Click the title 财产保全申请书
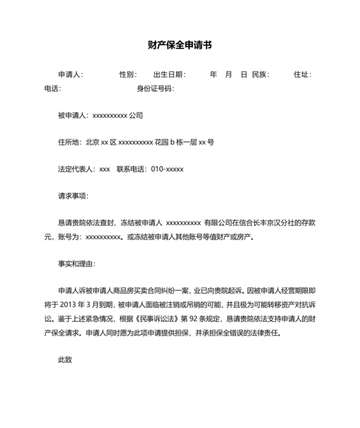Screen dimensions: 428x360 coord(179,46)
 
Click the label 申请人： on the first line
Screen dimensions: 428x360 coord(71,75)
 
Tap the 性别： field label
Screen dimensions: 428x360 coord(128,75)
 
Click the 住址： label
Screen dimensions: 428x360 coord(302,75)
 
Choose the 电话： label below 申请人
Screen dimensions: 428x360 coord(53,88)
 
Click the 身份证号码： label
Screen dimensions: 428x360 coord(155,88)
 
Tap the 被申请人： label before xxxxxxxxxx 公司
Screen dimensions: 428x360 coord(75,116)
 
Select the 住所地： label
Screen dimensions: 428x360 coord(71,142)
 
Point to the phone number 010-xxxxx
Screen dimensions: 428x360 coord(167,169)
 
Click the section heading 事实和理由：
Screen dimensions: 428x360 coord(77,263)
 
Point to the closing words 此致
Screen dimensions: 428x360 coord(65,359)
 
